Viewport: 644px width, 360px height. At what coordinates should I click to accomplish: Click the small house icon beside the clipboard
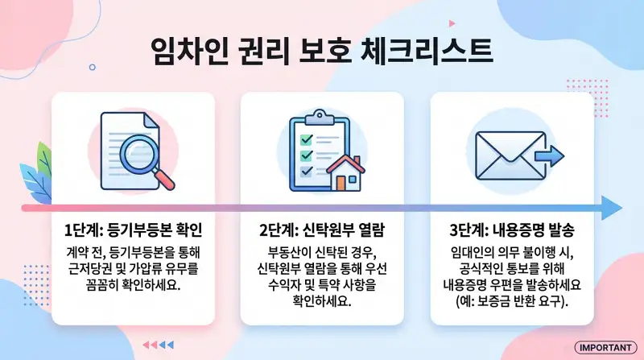tap(347, 172)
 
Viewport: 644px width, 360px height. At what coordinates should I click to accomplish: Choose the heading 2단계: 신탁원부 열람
tap(322, 229)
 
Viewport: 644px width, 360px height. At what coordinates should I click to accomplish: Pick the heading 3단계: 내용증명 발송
tap(512, 229)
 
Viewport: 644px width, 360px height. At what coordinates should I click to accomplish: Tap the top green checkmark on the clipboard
tap(306, 139)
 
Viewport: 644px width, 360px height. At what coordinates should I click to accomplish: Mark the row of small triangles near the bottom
tap(158, 344)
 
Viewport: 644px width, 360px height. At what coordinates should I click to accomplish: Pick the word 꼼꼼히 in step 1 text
tap(89, 285)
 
